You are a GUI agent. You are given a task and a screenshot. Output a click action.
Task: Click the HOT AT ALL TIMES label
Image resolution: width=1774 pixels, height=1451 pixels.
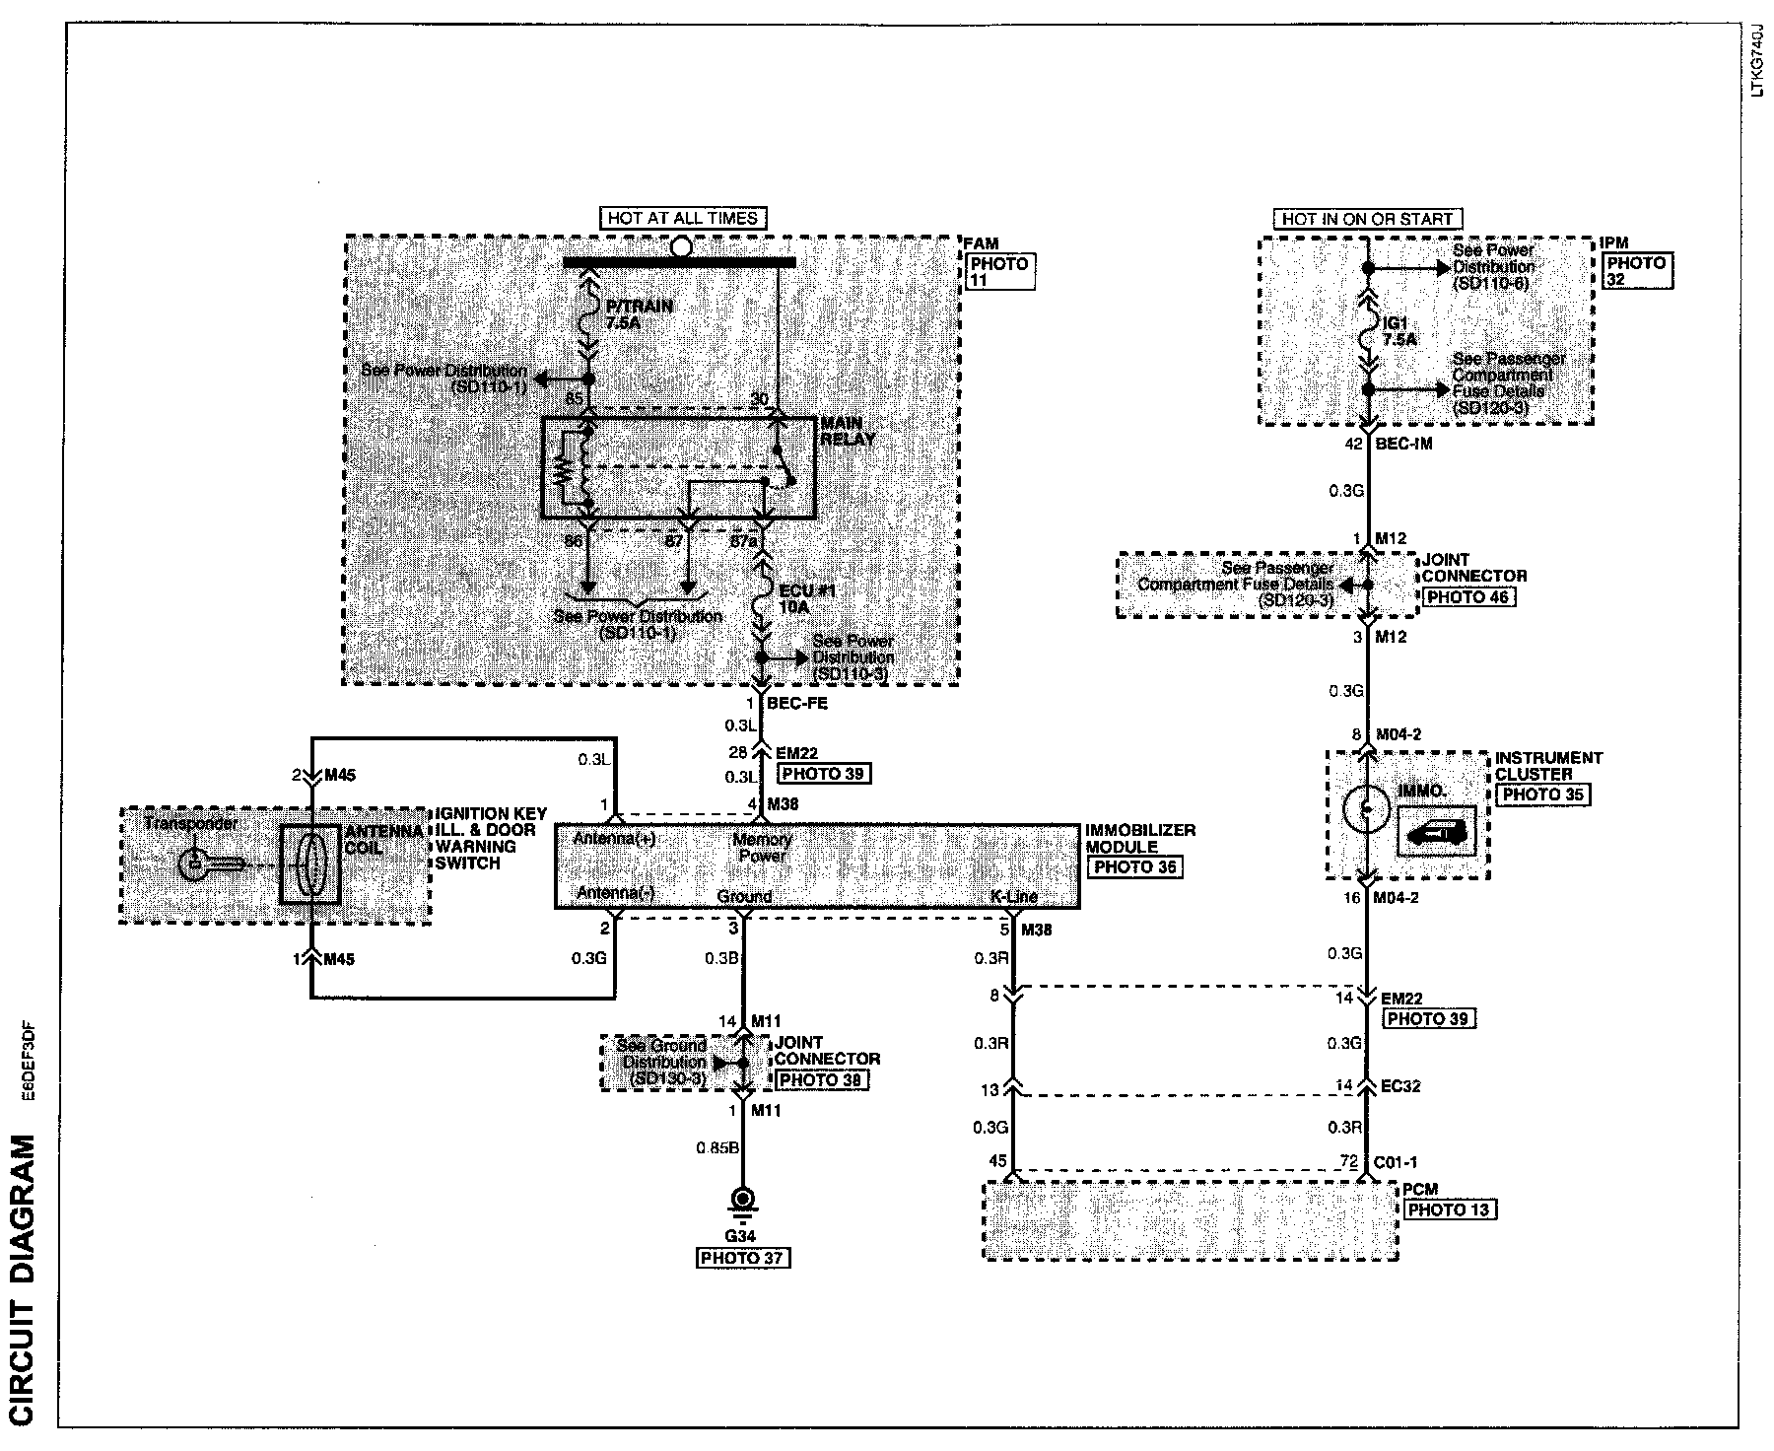pyautogui.click(x=681, y=218)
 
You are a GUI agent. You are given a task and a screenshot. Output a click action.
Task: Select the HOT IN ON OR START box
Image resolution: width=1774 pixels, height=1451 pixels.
pyautogui.click(x=1367, y=219)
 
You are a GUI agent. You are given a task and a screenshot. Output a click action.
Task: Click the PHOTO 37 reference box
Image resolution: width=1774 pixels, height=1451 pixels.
pyautogui.click(x=743, y=1258)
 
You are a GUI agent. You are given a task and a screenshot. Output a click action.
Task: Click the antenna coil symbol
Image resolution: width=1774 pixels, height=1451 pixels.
pyautogui.click(x=310, y=864)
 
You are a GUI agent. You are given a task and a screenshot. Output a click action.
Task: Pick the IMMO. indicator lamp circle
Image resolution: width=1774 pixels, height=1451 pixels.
pyautogui.click(x=1366, y=809)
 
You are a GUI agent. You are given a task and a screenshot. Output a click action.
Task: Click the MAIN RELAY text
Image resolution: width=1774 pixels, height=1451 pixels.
pyautogui.click(x=848, y=432)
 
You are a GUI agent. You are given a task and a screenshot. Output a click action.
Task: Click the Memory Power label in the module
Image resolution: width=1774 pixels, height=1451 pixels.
pyautogui.click(x=762, y=848)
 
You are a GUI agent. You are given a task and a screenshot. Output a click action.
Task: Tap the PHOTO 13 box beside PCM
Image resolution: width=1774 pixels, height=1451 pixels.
pyautogui.click(x=1449, y=1209)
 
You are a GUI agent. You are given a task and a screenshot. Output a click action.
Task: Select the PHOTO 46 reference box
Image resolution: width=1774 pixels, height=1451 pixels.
pyautogui.click(x=1467, y=597)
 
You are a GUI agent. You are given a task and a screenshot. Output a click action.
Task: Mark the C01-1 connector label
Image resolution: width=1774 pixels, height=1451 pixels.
pyautogui.click(x=1402, y=1162)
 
